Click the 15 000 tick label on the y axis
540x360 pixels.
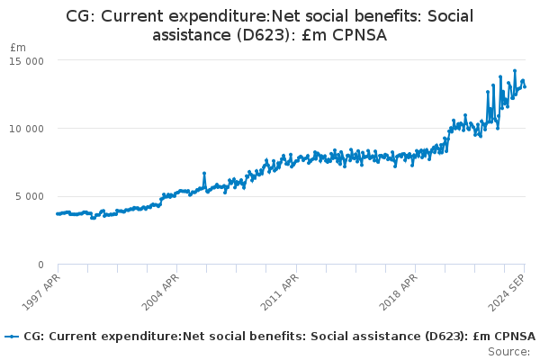pyautogui.click(x=26, y=61)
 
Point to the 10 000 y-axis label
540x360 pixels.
pyautogui.click(x=26, y=129)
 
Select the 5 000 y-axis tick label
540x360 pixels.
pyautogui.click(x=30, y=196)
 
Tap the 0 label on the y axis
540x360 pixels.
pyautogui.click(x=40, y=265)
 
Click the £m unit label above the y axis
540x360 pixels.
pyautogui.click(x=18, y=48)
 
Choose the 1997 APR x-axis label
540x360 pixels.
pyautogui.click(x=41, y=292)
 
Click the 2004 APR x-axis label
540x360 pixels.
pyautogui.click(x=160, y=292)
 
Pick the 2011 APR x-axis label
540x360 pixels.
pyautogui.click(x=280, y=292)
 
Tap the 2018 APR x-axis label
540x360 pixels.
pyautogui.click(x=399, y=292)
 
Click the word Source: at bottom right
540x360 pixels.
pyautogui.click(x=509, y=352)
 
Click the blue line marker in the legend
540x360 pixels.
pyautogui.click(x=12, y=337)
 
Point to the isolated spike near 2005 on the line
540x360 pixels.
pyautogui.click(x=204, y=174)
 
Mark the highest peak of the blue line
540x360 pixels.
pyautogui.click(x=515, y=71)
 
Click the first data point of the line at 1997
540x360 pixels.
pyautogui.click(x=58, y=214)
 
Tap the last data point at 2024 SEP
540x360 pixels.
pyautogui.click(x=525, y=86)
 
